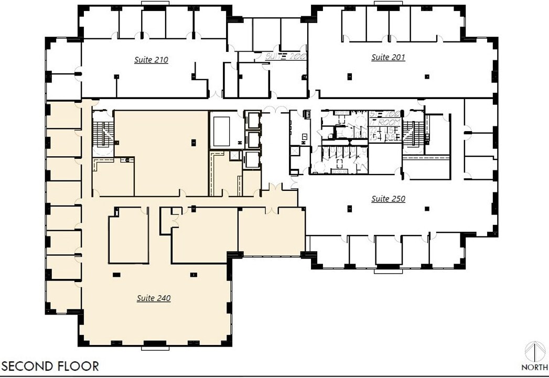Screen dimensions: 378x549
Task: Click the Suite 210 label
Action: pyautogui.click(x=151, y=60)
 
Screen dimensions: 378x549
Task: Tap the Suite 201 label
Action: pyautogui.click(x=388, y=57)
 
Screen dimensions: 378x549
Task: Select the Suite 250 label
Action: pyautogui.click(x=388, y=199)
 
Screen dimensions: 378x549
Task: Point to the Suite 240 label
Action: pyautogui.click(x=154, y=298)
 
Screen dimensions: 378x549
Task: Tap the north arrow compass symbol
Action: pyautogui.click(x=535, y=351)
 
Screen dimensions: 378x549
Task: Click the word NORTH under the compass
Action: pyautogui.click(x=535, y=367)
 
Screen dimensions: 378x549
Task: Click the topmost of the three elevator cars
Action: pyautogui.click(x=253, y=120)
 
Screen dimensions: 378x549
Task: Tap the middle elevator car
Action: pyautogui.click(x=253, y=140)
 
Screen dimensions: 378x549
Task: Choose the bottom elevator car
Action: pyautogui.click(x=253, y=160)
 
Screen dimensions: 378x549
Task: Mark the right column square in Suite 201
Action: pyautogui.click(x=427, y=77)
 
